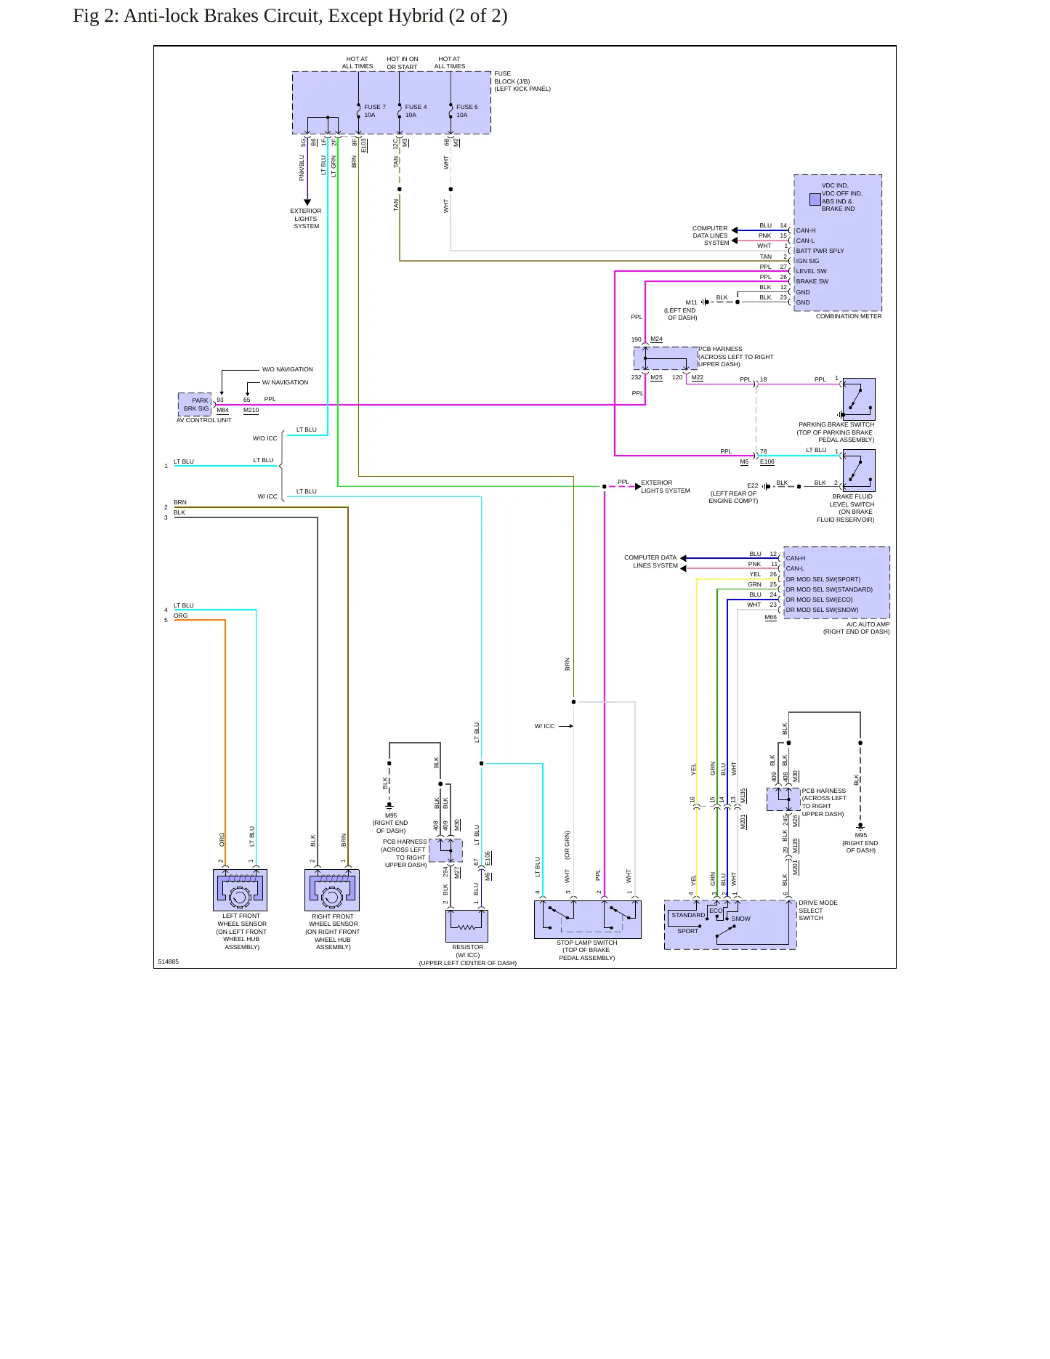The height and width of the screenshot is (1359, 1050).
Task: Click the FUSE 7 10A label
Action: click(375, 111)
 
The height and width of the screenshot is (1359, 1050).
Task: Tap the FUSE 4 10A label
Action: click(416, 111)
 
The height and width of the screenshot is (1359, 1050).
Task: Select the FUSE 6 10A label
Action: click(467, 111)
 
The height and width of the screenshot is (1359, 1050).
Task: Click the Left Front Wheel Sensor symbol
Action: click(240, 890)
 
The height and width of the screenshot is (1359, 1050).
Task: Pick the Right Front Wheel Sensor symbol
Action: click(331, 890)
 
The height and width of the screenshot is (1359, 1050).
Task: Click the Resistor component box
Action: click(467, 926)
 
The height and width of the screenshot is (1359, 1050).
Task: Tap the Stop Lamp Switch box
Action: click(588, 919)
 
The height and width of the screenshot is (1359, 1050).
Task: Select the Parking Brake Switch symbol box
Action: click(859, 399)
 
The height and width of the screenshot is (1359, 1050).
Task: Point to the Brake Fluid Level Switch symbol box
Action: click(859, 470)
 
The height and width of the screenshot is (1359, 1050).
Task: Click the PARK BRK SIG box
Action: click(195, 405)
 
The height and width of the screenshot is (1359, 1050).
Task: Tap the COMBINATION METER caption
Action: click(849, 316)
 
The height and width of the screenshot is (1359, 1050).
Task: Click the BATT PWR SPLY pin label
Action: click(820, 251)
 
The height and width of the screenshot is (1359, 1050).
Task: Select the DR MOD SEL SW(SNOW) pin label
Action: click(822, 610)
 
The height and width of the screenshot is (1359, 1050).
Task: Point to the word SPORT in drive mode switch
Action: click(687, 931)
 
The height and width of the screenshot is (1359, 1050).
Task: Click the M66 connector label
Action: click(770, 618)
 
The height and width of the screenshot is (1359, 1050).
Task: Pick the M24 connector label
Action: click(656, 339)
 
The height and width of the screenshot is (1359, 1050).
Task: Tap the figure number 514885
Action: click(169, 961)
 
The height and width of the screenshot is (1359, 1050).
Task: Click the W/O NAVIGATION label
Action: click(288, 369)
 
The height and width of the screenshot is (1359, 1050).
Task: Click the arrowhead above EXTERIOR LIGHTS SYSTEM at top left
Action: click(307, 203)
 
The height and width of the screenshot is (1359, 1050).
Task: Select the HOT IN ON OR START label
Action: click(403, 62)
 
